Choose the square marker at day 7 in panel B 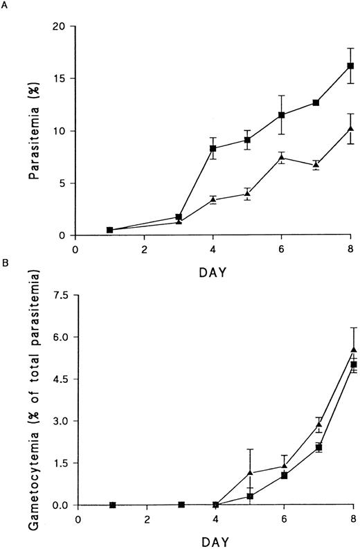point(319,447)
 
